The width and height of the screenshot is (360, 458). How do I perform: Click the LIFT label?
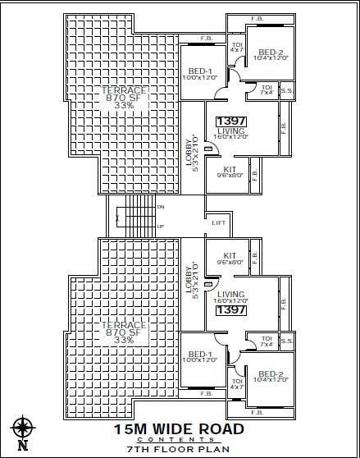[218, 222]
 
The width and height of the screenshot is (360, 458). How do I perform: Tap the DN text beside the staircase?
[161, 207]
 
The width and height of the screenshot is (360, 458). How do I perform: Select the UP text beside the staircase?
[161, 226]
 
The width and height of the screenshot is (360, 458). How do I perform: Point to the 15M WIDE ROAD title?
[178, 428]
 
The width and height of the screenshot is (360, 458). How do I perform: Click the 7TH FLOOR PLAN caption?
[177, 450]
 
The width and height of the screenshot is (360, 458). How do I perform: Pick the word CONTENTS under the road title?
[178, 440]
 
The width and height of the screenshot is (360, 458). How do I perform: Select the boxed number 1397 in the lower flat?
[231, 310]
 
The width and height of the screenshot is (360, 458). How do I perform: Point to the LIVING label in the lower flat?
[231, 294]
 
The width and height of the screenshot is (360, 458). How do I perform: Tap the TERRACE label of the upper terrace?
[125, 89]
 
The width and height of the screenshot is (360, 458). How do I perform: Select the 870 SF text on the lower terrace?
[125, 333]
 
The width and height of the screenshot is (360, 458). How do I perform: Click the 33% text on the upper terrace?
[125, 105]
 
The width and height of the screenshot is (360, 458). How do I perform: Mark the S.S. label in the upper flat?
[288, 91]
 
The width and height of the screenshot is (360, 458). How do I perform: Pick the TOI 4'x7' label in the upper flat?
[238, 48]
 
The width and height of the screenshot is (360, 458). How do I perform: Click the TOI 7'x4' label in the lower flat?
[267, 341]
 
